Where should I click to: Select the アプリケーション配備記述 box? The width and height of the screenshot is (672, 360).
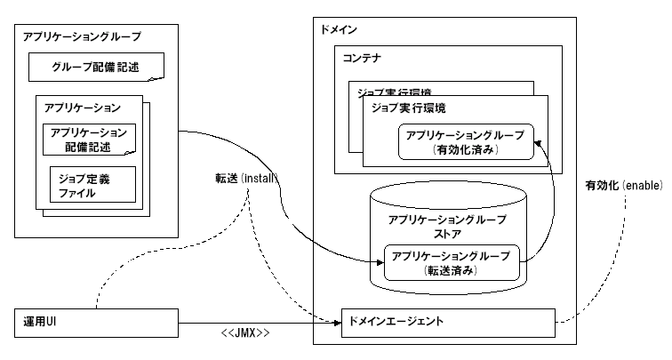[x=90, y=139]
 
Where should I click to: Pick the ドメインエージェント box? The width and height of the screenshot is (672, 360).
[x=448, y=321]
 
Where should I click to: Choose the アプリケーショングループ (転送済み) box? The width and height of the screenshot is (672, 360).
[x=451, y=262]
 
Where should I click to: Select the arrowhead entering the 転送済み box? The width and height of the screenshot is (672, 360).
[x=379, y=261]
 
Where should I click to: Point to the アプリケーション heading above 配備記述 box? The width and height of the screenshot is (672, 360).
[x=83, y=108]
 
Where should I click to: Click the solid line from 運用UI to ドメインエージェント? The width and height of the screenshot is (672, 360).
[x=258, y=321]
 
